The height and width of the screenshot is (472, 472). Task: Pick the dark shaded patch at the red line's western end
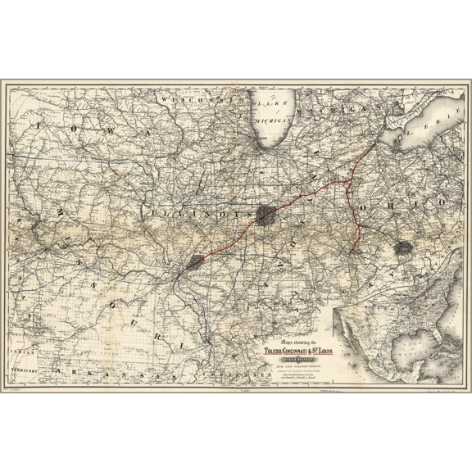(194, 261)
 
